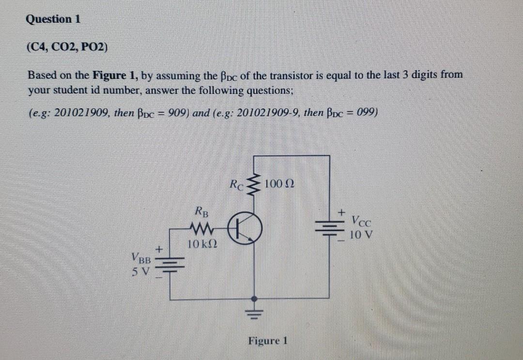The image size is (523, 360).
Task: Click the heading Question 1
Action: pos(53,19)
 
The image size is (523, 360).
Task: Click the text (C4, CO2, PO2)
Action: pos(68,47)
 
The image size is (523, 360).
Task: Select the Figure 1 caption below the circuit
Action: pos(268,340)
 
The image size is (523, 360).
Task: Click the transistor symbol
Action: pos(247,228)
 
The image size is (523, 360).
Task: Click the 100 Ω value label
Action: pos(280,185)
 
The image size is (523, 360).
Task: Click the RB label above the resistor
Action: pos(200,211)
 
